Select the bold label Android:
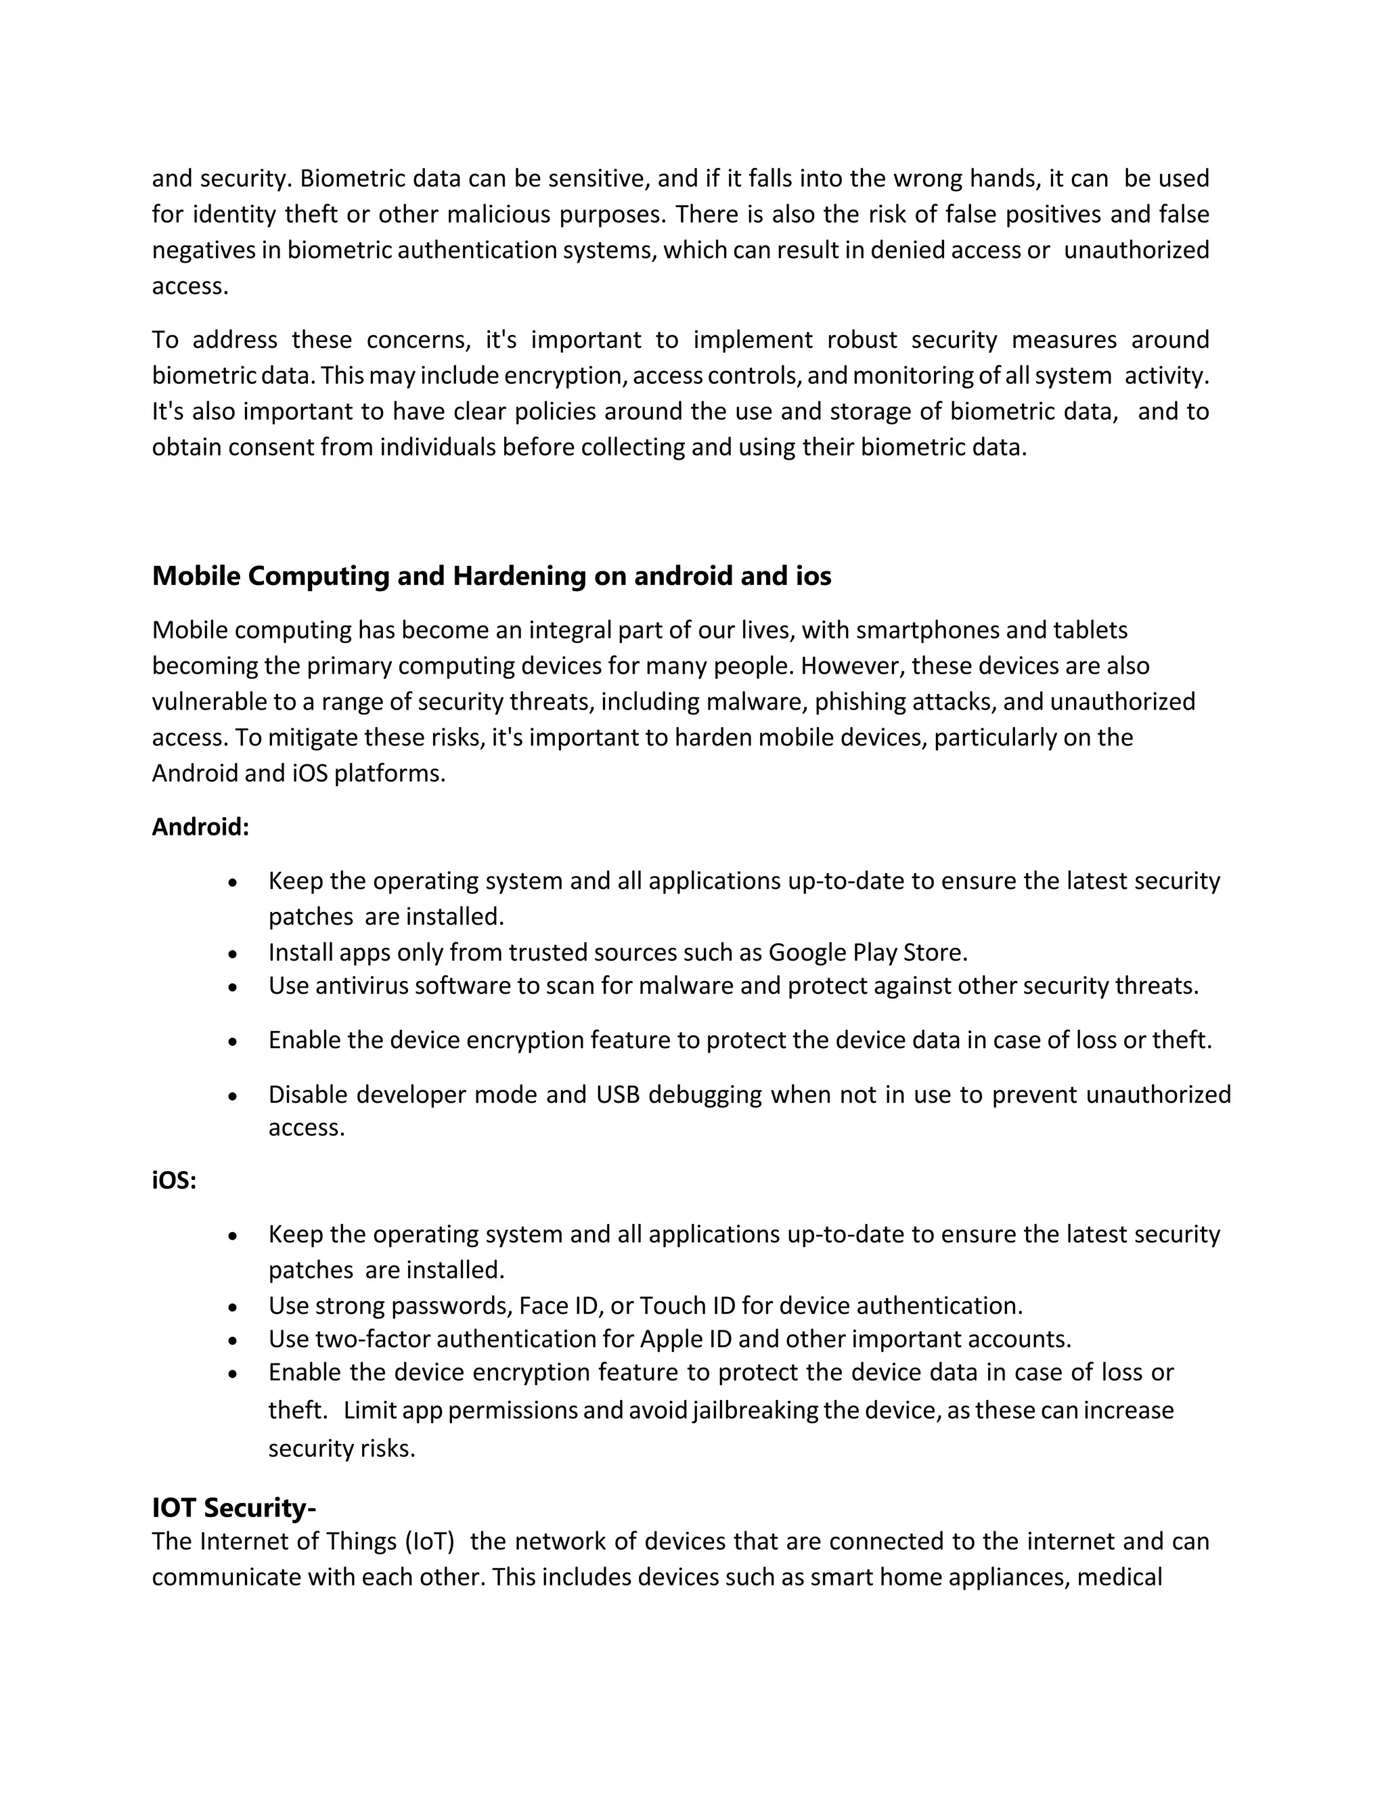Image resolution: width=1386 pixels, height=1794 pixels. (x=200, y=827)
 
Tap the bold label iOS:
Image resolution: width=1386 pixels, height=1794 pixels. (x=174, y=1181)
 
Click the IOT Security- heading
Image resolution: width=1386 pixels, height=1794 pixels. (x=234, y=1508)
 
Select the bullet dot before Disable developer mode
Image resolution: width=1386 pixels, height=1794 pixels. (x=233, y=1097)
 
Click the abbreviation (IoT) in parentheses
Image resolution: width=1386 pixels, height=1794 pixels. (x=430, y=1541)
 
